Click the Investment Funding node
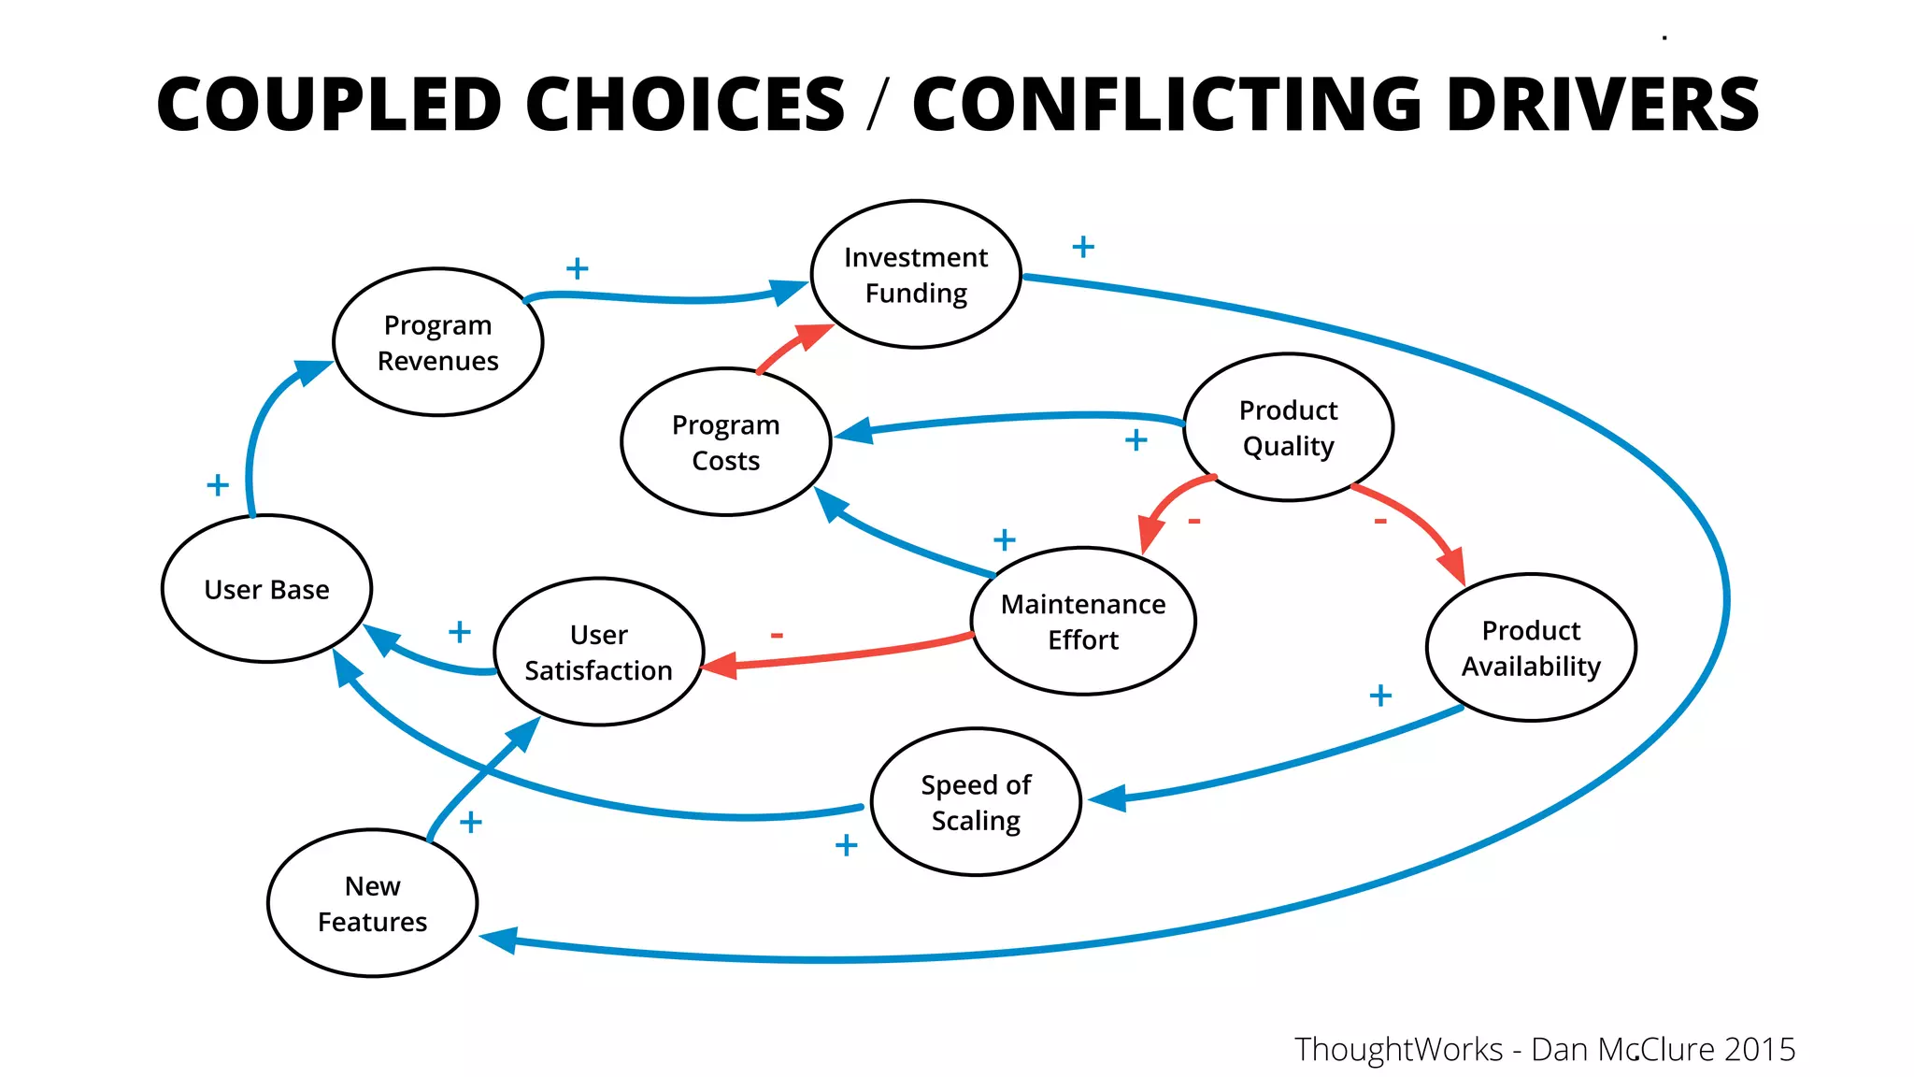(x=916, y=274)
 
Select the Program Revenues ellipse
(x=437, y=342)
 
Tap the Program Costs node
(x=726, y=442)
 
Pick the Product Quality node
(x=1288, y=427)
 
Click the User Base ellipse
(x=267, y=589)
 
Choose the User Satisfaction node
(x=598, y=652)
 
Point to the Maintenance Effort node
(x=1083, y=622)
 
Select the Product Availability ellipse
(x=1531, y=648)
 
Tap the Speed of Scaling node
(x=976, y=802)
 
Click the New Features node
(x=372, y=903)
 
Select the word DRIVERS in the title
(x=1602, y=104)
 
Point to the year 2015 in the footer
(x=1760, y=1049)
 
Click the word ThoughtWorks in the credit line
(x=1398, y=1049)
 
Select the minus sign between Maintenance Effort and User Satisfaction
(x=777, y=636)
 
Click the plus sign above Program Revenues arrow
(x=578, y=269)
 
